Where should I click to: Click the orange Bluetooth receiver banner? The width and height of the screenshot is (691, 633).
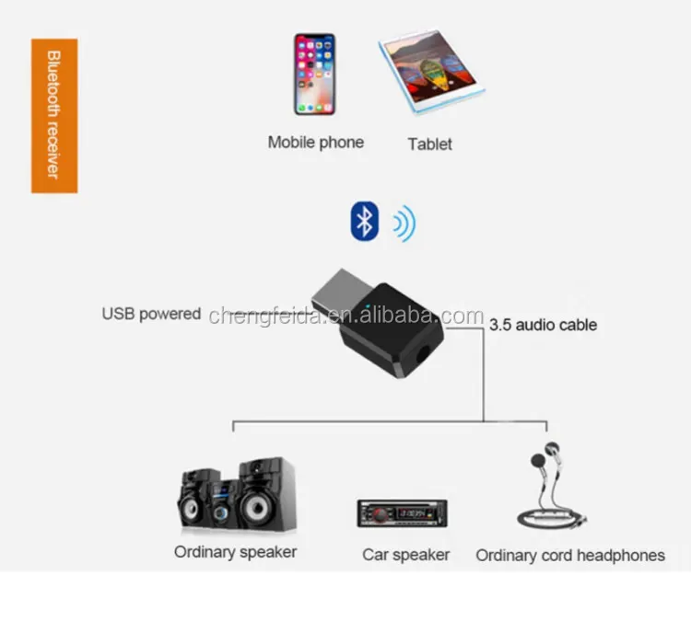click(54, 116)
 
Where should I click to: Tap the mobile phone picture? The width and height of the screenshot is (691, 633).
click(315, 75)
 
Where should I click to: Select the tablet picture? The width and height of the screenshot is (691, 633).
click(432, 72)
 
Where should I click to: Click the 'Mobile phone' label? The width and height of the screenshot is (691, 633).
click(316, 143)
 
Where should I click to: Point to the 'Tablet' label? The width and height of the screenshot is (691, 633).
click(429, 144)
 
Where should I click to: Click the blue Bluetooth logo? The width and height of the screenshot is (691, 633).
click(365, 221)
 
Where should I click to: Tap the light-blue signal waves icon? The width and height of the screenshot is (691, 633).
click(404, 224)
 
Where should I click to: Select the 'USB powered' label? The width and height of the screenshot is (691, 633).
click(151, 314)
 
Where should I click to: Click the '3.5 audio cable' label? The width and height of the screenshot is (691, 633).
click(543, 325)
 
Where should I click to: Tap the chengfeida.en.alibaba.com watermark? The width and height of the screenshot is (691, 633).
click(345, 316)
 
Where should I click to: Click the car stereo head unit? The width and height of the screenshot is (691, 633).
click(402, 513)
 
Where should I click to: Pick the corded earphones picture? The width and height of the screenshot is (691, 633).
click(552, 486)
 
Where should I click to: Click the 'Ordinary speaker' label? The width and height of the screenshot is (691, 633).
click(235, 552)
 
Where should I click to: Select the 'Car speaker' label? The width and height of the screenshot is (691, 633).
click(406, 555)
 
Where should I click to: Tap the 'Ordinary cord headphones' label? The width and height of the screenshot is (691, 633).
click(570, 556)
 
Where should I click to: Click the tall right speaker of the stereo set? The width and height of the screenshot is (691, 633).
click(266, 494)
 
